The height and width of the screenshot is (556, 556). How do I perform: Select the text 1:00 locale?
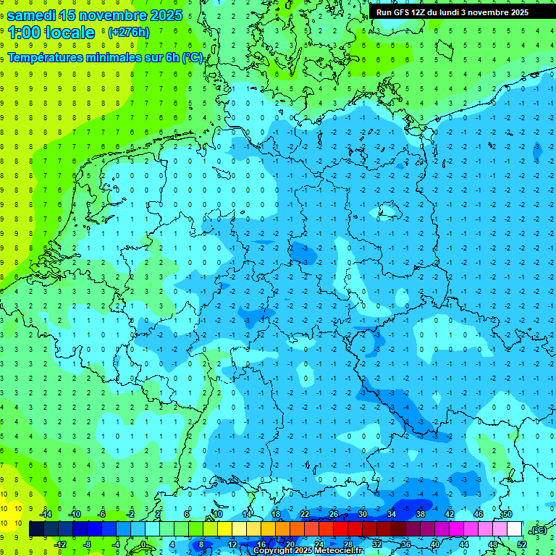click(x=51, y=33)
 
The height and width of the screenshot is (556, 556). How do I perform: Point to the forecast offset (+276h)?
click(x=128, y=33)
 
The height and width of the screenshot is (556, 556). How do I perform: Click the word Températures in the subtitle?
click(x=46, y=57)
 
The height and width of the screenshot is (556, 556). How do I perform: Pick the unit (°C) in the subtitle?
click(x=192, y=57)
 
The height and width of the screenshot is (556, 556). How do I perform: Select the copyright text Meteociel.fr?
click(x=337, y=551)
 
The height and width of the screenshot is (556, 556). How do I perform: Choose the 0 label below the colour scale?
click(x=143, y=544)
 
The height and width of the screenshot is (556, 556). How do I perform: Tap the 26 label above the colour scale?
click(x=333, y=514)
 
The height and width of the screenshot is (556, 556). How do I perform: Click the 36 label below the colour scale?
click(x=406, y=544)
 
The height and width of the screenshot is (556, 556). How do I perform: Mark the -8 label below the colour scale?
click(x=87, y=544)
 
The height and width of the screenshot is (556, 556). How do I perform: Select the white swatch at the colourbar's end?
click(x=515, y=529)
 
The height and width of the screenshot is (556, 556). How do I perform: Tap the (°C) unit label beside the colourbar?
click(x=537, y=530)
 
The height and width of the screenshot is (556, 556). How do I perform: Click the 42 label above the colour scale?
click(x=450, y=514)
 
